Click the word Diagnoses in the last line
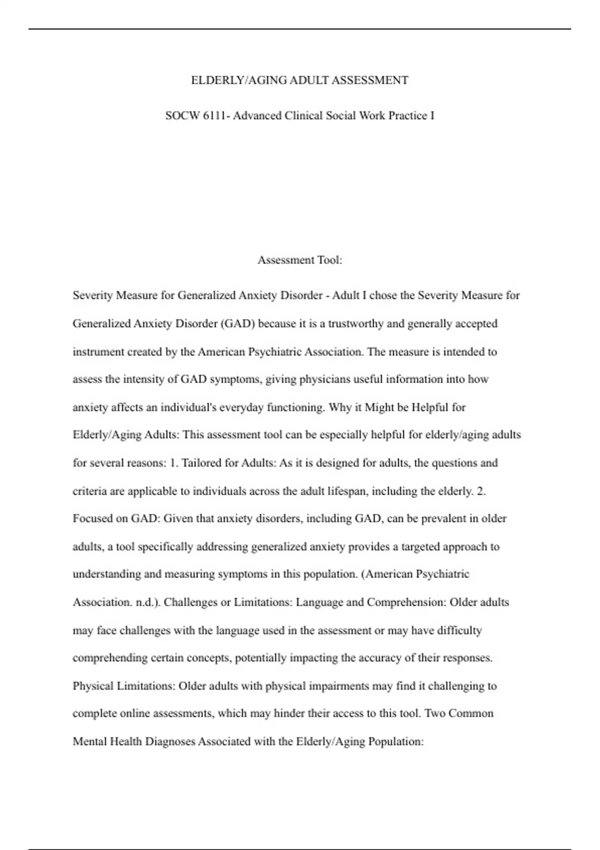point(170,741)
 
